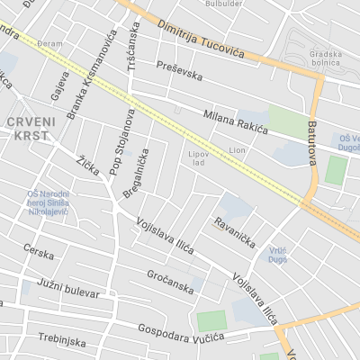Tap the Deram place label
coord(49,43)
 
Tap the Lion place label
coord(238,149)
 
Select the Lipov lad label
coord(198,158)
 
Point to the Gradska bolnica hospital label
coord(326,57)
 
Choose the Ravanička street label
coord(235,232)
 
